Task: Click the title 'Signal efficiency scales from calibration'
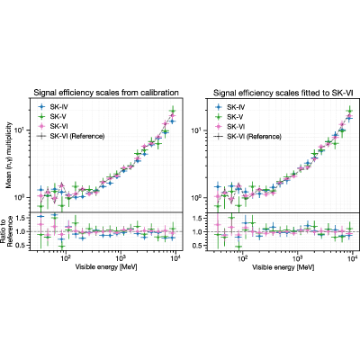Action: [106, 93]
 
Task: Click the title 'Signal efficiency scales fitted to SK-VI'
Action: [283, 93]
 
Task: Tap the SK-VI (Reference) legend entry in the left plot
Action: [71, 136]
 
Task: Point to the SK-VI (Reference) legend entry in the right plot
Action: [247, 137]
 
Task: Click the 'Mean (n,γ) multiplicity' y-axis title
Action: [9, 156]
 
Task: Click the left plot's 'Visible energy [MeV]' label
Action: [106, 267]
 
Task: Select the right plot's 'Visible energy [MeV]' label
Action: [283, 267]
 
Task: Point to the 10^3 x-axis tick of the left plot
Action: [121, 257]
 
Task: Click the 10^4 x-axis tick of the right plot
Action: [352, 257]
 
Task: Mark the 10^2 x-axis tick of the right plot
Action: [242, 257]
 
